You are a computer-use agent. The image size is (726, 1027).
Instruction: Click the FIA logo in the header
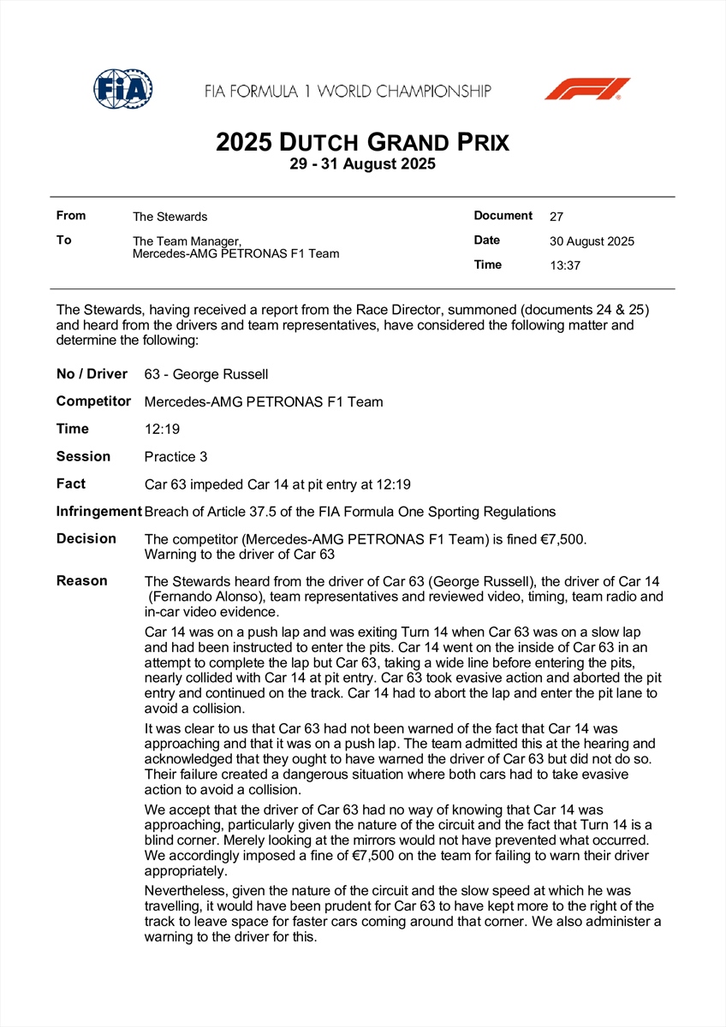click(123, 88)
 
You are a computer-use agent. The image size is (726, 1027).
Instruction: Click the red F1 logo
click(586, 89)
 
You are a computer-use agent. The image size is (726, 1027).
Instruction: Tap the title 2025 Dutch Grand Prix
click(362, 141)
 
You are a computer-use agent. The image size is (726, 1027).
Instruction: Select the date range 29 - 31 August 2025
click(362, 164)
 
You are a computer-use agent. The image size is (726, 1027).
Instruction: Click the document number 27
click(556, 217)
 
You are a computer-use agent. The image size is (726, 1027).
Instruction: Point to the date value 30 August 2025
click(592, 241)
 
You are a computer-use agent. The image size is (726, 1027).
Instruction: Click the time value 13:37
click(565, 265)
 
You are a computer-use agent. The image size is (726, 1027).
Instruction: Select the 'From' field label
click(71, 216)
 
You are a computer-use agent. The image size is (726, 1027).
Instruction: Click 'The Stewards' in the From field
click(170, 217)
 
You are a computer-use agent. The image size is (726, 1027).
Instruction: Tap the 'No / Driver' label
click(92, 374)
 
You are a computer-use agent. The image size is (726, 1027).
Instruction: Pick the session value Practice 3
click(176, 457)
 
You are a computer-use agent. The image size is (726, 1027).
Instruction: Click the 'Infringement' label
click(98, 512)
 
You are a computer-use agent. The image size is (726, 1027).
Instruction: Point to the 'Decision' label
click(86, 538)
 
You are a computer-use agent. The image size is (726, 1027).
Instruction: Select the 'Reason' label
click(82, 581)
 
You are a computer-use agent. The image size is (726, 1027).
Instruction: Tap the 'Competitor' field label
click(93, 401)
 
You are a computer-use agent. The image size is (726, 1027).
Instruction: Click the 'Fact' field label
click(71, 484)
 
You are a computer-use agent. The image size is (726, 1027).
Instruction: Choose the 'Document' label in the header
click(503, 216)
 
